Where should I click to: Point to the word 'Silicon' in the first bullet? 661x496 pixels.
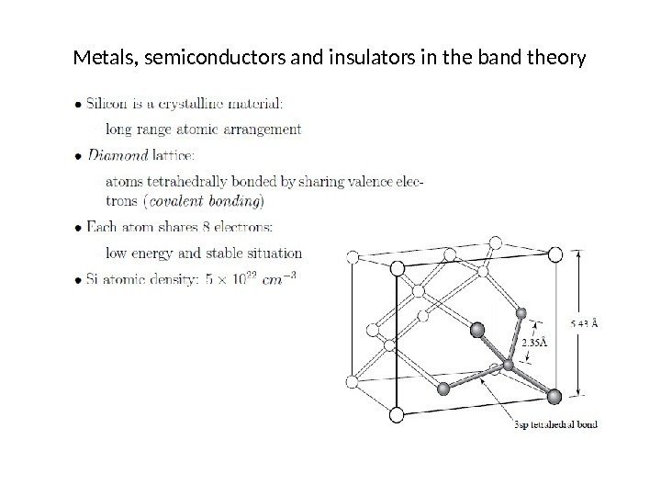[x=112, y=101]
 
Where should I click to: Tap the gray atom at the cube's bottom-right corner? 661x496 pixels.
[x=554, y=396]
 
